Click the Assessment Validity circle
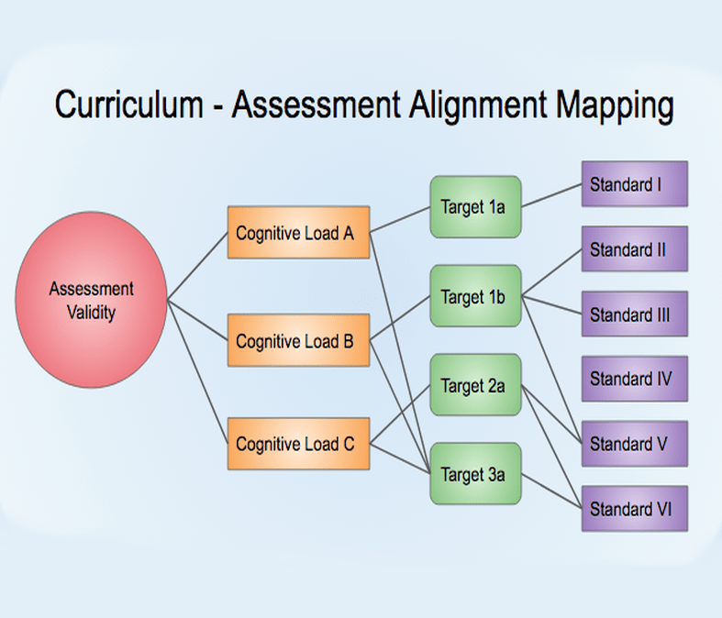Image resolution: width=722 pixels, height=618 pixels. [92, 300]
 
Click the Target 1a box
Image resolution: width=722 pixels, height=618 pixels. [474, 207]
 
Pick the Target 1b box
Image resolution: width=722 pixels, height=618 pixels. [474, 296]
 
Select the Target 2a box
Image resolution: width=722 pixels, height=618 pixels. [474, 385]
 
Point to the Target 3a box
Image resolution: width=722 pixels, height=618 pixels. [474, 474]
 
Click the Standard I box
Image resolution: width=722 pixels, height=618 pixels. [634, 184]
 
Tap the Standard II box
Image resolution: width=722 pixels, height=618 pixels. [634, 249]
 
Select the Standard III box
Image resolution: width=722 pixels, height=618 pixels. [634, 315]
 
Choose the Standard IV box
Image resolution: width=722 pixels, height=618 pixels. [634, 379]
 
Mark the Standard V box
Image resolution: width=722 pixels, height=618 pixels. [634, 444]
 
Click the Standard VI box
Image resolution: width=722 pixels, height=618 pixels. [634, 509]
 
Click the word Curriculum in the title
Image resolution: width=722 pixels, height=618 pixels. [128, 105]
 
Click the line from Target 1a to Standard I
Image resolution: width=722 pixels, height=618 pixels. [551, 195]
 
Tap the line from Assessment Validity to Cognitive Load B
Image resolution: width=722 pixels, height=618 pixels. [197, 320]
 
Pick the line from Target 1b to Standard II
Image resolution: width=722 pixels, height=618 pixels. [551, 273]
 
